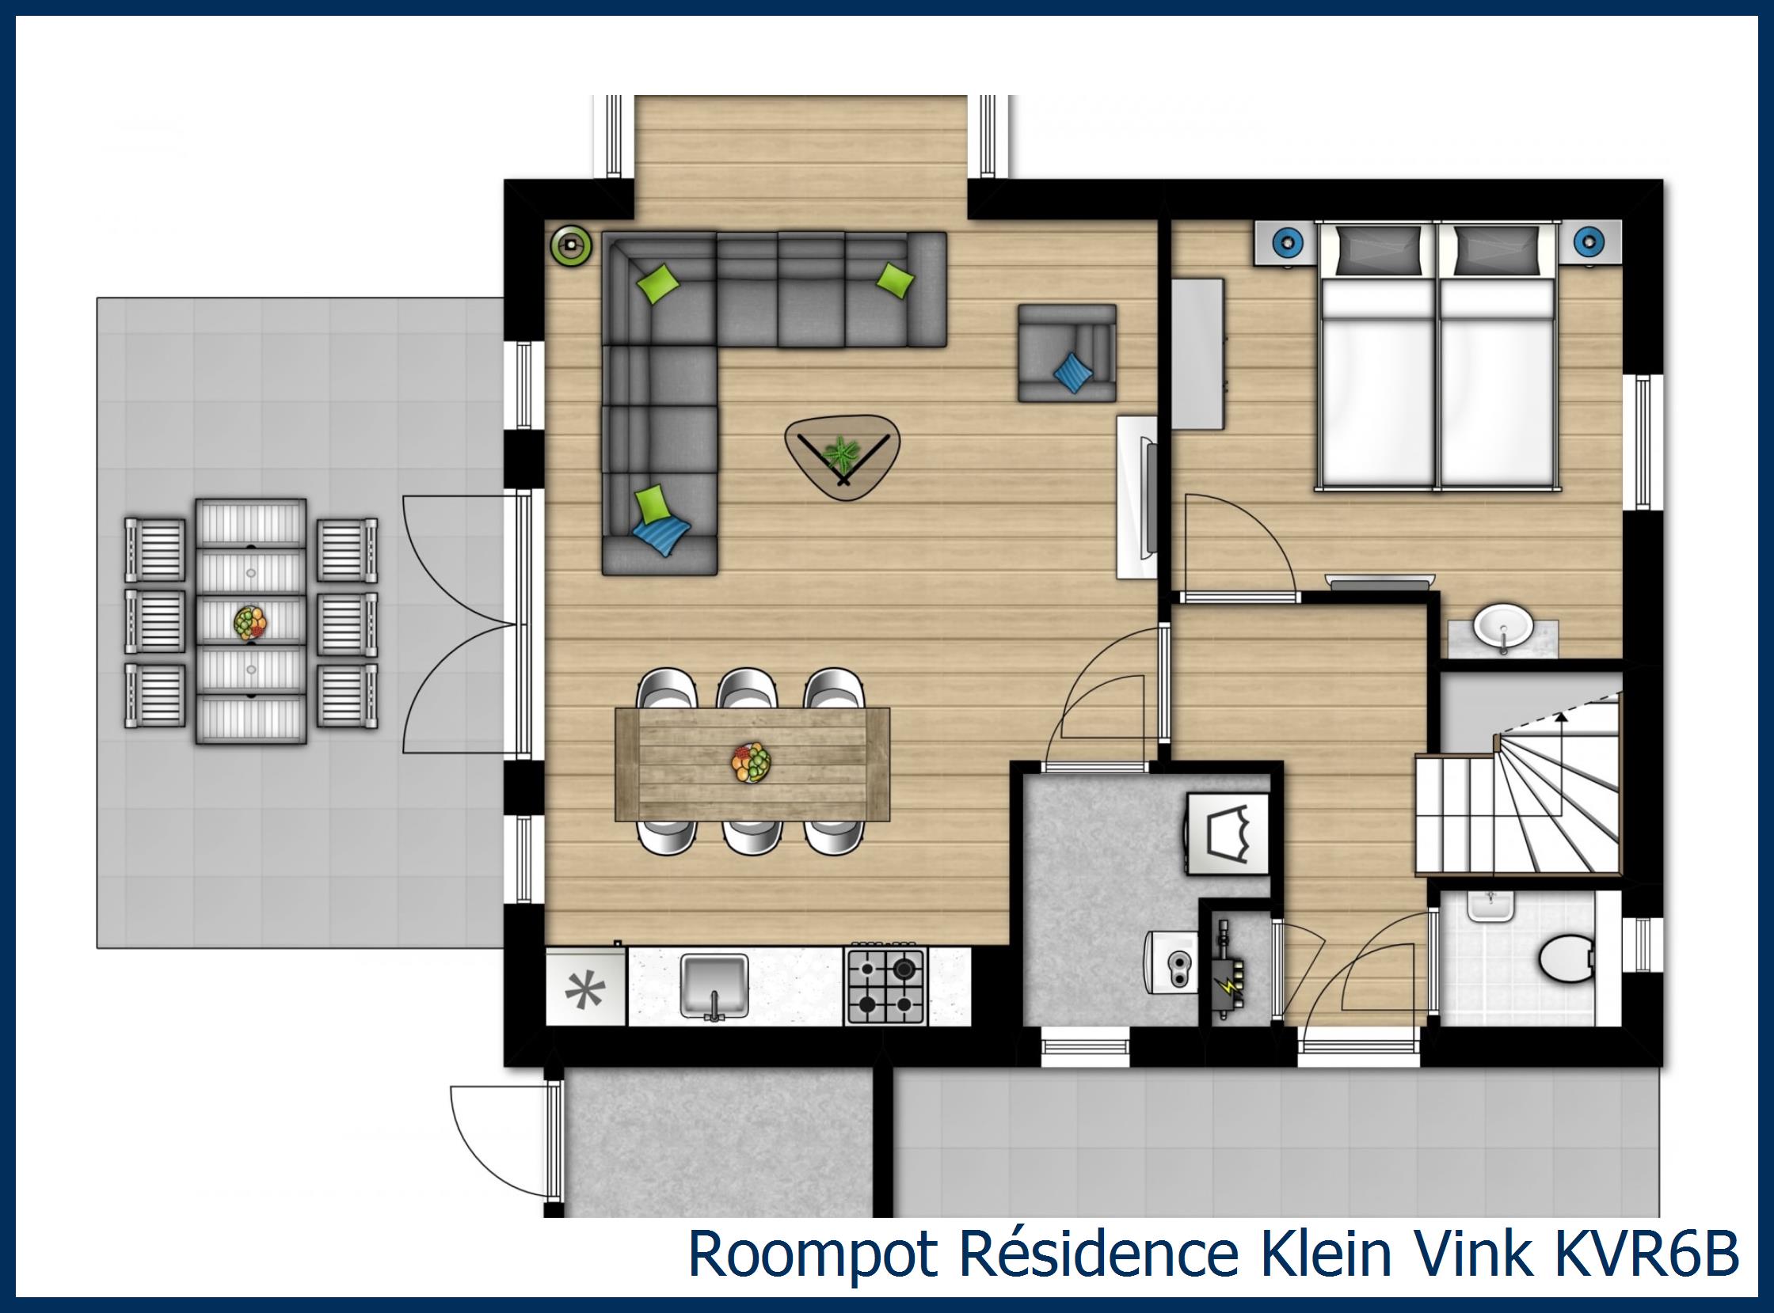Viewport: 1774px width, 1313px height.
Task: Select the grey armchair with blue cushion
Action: [1067, 352]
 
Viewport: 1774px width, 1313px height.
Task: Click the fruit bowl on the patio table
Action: [250, 623]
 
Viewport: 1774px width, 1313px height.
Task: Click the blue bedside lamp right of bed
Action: [1589, 240]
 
